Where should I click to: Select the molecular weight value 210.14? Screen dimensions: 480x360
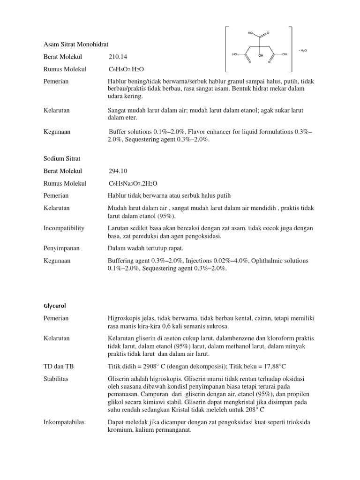tap(118, 57)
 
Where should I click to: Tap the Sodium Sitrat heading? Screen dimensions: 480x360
tap(62, 158)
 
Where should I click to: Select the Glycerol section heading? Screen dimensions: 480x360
tap(55, 306)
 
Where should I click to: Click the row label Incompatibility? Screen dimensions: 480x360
tap(64, 228)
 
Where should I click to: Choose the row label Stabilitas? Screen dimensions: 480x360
tap(56, 379)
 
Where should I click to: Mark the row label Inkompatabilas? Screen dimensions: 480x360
tap(64, 422)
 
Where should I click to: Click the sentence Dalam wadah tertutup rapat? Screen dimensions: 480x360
tap(145, 248)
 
